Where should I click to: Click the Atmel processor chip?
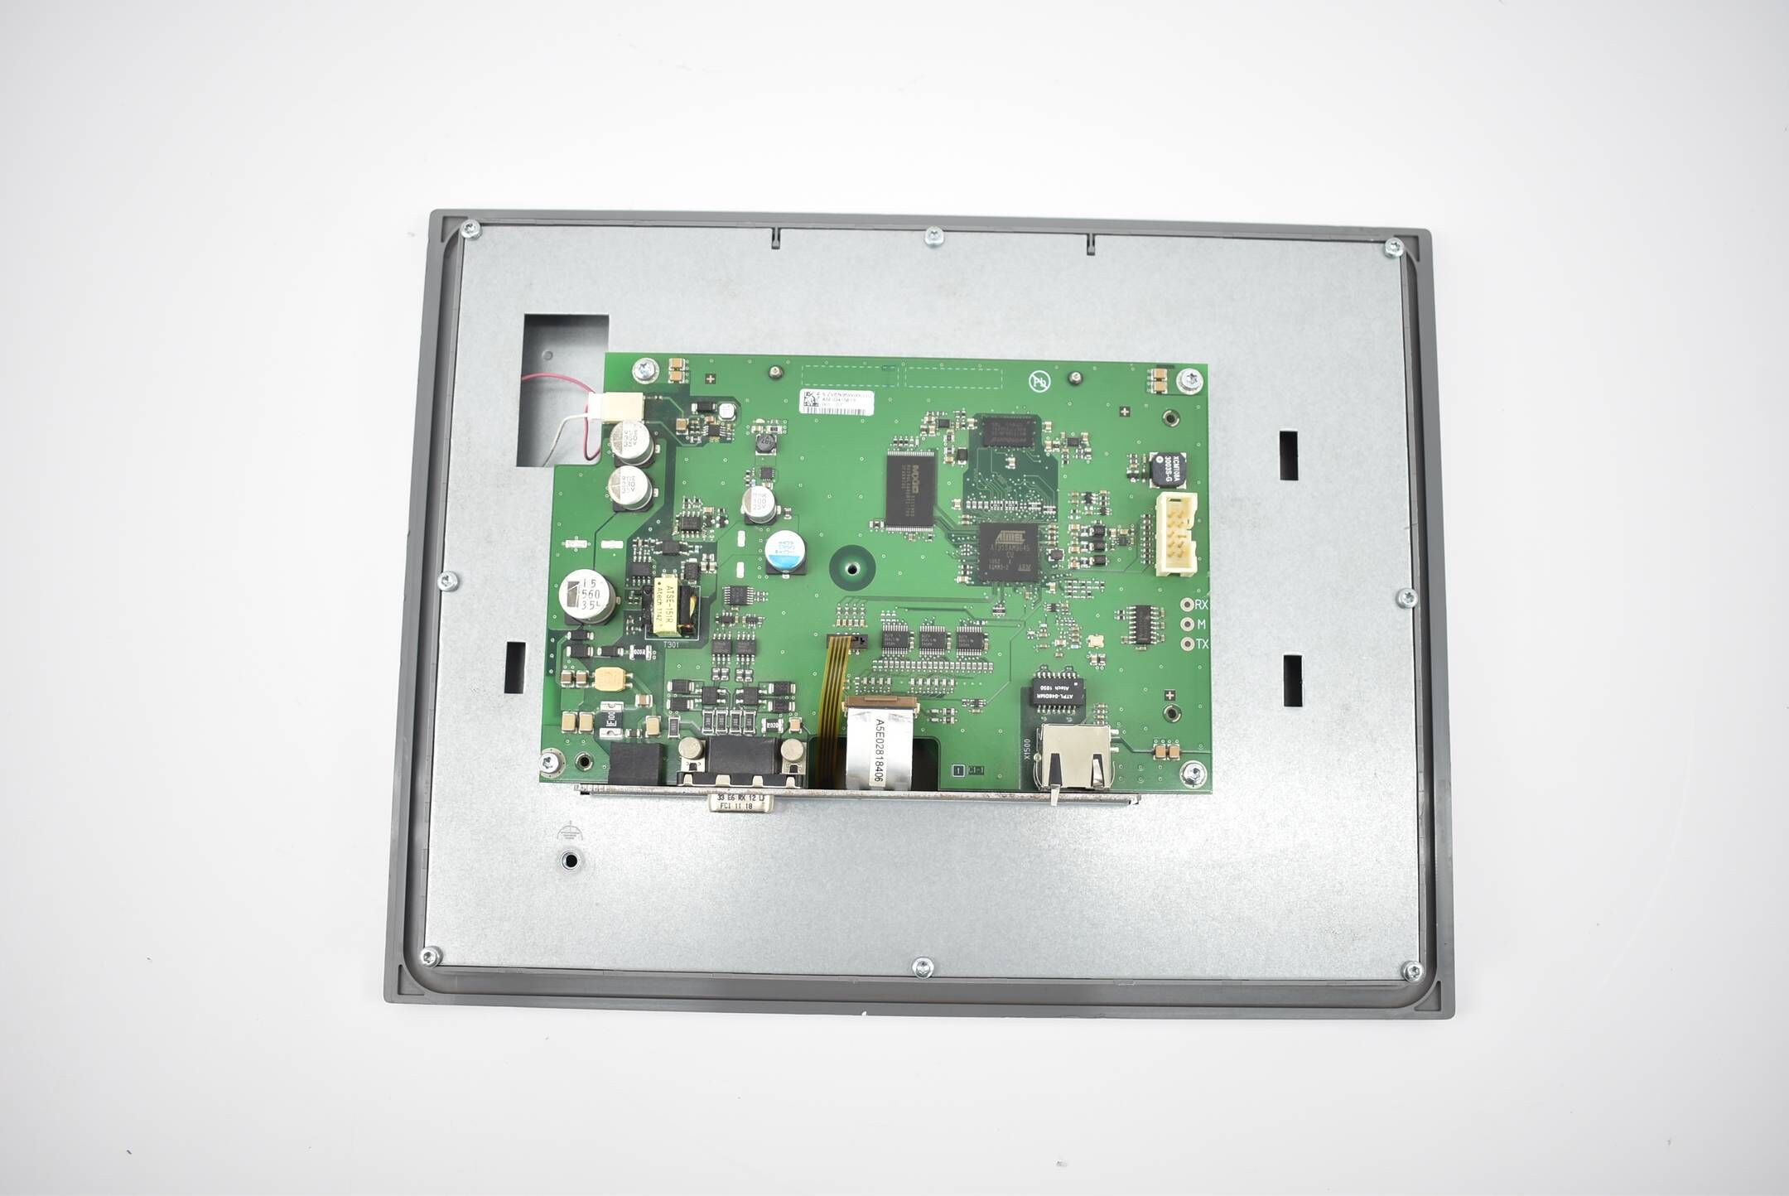tap(1008, 552)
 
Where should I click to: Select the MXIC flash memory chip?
tap(910, 489)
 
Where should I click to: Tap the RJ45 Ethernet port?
tap(1074, 755)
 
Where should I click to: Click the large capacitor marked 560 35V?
tap(587, 596)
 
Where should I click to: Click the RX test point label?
tap(1201, 605)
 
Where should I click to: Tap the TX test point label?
tap(1201, 644)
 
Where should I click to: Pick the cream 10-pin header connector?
tap(1176, 534)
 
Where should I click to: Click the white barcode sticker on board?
tap(836, 401)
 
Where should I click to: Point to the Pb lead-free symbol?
tap(1039, 381)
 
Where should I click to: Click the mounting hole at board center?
tap(851, 568)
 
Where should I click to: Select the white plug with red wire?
tap(615, 406)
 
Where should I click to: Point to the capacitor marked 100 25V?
tap(759, 504)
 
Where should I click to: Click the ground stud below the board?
tap(570, 860)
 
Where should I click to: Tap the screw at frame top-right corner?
tap(1393, 246)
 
